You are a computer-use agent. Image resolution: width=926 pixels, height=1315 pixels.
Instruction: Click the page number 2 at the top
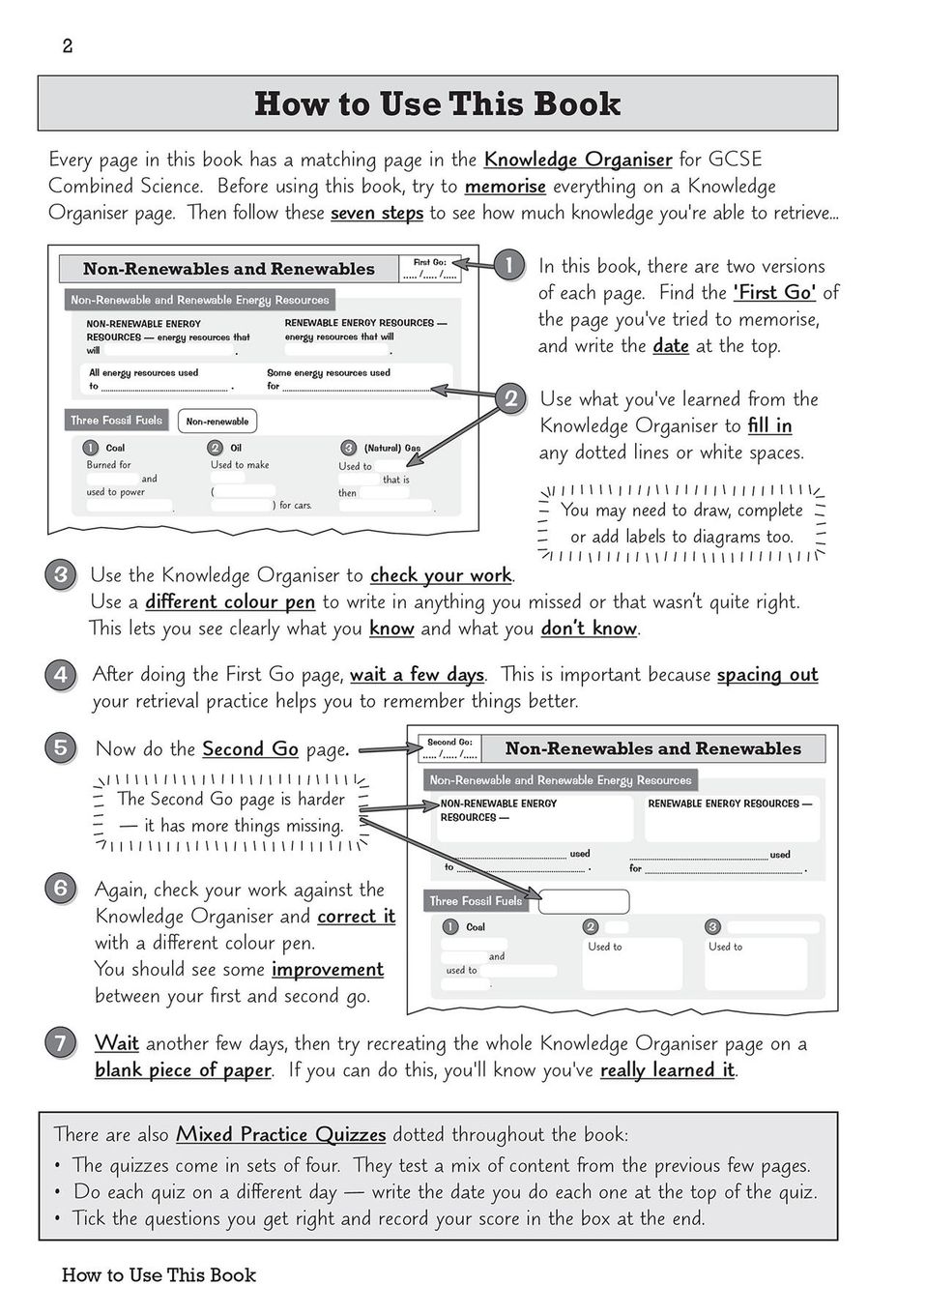(67, 46)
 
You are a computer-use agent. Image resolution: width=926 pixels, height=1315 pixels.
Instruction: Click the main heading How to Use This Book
(437, 103)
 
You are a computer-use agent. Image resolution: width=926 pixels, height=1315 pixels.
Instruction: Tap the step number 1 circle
(508, 265)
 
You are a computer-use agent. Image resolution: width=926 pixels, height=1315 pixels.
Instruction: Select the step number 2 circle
(510, 398)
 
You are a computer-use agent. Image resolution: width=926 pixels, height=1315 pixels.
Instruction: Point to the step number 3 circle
(60, 575)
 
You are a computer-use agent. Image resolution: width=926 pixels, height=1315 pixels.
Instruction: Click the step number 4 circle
(60, 674)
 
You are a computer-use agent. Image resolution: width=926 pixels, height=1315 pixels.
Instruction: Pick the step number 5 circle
(60, 747)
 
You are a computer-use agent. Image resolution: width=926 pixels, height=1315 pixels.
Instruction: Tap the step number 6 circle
(60, 889)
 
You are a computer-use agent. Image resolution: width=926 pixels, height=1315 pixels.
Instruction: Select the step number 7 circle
(60, 1042)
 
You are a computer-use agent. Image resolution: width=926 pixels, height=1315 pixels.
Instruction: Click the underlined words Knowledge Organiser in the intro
(577, 160)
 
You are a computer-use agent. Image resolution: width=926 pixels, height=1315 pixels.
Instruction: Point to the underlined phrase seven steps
(376, 213)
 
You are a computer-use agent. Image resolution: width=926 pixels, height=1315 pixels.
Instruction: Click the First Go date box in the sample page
(430, 269)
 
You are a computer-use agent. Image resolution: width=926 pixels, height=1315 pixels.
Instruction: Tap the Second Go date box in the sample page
(450, 748)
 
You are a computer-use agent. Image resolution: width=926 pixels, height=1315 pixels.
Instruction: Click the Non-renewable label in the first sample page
(217, 421)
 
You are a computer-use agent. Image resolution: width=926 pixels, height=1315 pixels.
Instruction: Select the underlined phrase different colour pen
(230, 601)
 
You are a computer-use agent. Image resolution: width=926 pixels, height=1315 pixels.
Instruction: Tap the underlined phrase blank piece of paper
(183, 1069)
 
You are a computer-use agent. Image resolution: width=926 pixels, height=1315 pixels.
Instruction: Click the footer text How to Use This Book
(159, 1274)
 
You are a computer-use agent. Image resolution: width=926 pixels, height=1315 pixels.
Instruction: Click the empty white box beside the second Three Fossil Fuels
(583, 901)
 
